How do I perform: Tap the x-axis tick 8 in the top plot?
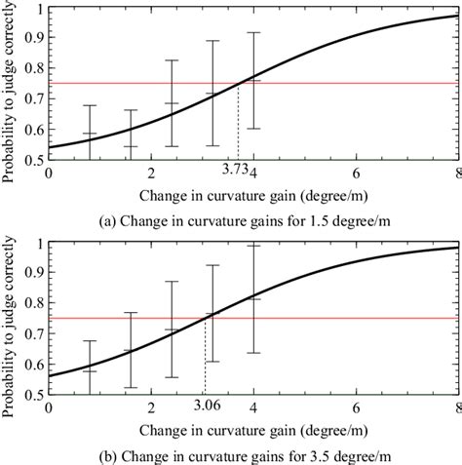[x=456, y=172]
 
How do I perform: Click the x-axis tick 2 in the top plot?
[x=151, y=172]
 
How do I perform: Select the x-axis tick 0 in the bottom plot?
[x=50, y=406]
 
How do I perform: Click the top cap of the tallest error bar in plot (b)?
[x=253, y=245]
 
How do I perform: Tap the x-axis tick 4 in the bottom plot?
[x=253, y=406]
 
